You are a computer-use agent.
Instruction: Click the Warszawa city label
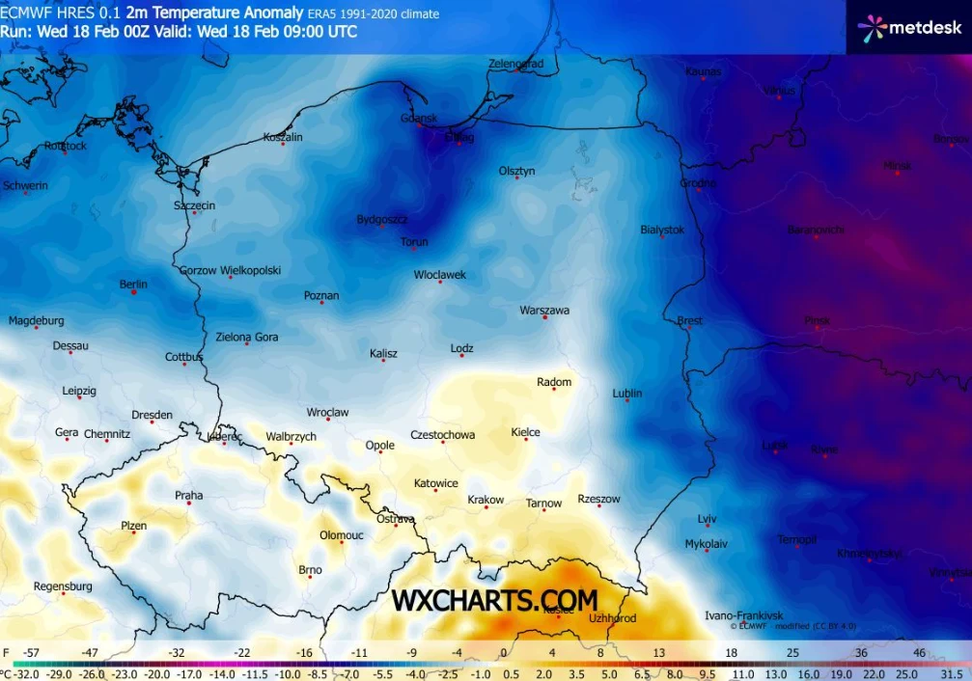544,311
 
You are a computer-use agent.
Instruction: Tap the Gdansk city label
419,119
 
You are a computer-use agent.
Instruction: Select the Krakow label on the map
486,500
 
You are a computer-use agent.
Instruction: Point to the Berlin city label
133,285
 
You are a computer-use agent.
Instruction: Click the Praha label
188,496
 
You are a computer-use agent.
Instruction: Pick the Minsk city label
897,166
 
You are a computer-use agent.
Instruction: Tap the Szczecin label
194,205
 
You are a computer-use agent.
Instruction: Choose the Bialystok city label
662,230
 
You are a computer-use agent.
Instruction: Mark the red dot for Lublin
627,404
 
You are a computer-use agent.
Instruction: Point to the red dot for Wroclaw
327,422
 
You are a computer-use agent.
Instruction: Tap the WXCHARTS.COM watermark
494,601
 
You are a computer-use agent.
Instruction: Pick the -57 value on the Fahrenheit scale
32,654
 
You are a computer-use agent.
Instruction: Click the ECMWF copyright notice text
791,626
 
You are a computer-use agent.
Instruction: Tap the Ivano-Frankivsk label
743,615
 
